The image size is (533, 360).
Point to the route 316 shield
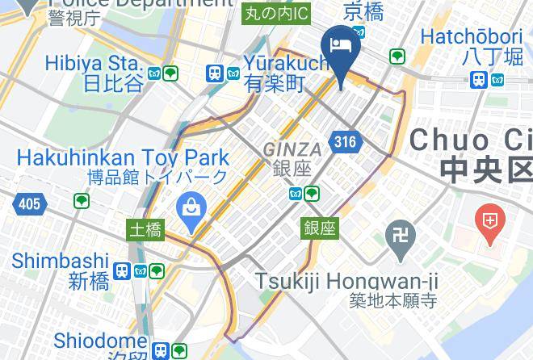click(345, 142)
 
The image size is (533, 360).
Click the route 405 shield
click(29, 204)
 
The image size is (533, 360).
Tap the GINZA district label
click(292, 149)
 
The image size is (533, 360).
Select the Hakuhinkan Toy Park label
click(122, 157)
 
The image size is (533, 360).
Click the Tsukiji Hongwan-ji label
click(346, 281)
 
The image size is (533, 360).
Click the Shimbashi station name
click(61, 261)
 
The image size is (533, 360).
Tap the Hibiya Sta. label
click(94, 63)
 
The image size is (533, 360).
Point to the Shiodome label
click(100, 341)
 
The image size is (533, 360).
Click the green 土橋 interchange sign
click(145, 230)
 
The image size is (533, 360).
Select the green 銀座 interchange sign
click(320, 228)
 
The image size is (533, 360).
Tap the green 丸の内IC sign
click(276, 12)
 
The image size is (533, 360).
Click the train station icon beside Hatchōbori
click(479, 79)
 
